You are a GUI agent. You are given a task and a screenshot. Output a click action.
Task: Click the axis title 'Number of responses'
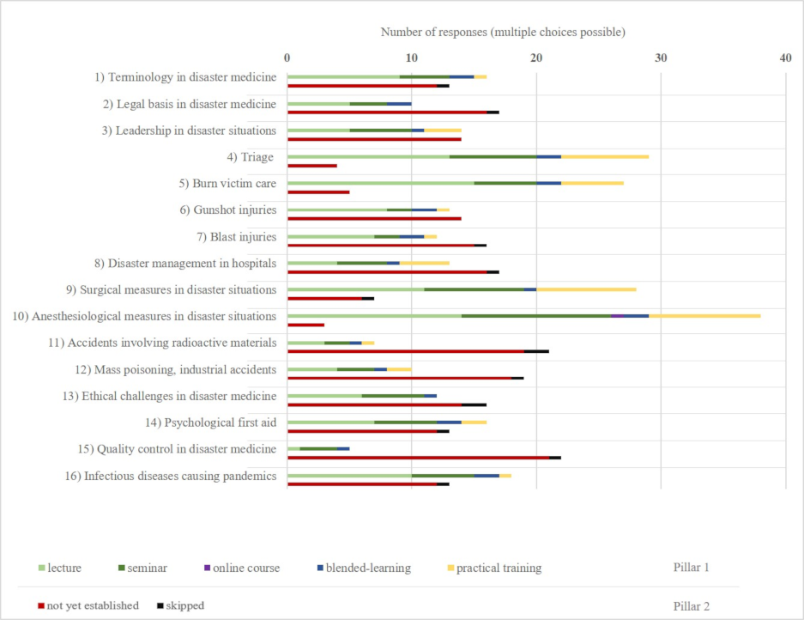[503, 32]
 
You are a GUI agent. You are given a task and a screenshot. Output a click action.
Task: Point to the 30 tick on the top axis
[661, 58]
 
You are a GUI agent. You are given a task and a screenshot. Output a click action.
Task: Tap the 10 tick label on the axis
[412, 58]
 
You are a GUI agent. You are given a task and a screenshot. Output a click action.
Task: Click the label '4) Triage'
[251, 157]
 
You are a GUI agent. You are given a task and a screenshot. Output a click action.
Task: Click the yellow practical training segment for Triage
[605, 156]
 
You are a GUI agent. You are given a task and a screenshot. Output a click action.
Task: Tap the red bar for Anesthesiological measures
[305, 325]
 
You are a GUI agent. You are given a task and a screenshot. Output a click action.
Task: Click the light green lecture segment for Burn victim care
[380, 183]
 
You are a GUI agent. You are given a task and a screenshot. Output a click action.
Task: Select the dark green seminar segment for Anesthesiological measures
[536, 316]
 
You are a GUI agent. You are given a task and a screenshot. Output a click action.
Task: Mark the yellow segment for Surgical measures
[586, 289]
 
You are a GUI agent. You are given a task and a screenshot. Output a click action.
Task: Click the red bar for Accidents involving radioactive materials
[406, 351]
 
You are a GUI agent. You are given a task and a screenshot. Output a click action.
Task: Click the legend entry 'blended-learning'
[363, 568]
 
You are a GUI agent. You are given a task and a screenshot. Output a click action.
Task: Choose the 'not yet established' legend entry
[88, 605]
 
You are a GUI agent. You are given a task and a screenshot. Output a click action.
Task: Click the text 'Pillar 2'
[692, 605]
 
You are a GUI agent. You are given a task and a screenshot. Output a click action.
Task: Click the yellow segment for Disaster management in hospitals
[425, 263]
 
